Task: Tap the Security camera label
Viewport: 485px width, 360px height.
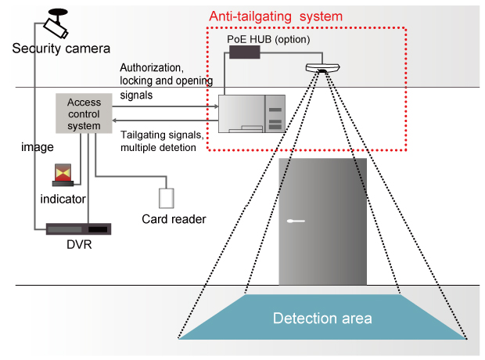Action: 61,49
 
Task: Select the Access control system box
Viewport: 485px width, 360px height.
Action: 84,114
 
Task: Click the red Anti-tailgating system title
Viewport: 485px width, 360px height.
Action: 275,16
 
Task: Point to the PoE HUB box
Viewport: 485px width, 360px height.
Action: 244,52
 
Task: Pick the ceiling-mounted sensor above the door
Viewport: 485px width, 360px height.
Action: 322,69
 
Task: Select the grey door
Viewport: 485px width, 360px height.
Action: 322,221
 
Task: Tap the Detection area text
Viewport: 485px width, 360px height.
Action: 322,319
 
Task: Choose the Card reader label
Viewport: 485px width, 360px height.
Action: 174,219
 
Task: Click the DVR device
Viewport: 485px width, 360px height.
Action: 77,229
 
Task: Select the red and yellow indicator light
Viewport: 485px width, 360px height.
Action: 62,175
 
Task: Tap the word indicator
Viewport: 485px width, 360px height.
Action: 63,200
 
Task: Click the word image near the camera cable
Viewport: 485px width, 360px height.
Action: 36,146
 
